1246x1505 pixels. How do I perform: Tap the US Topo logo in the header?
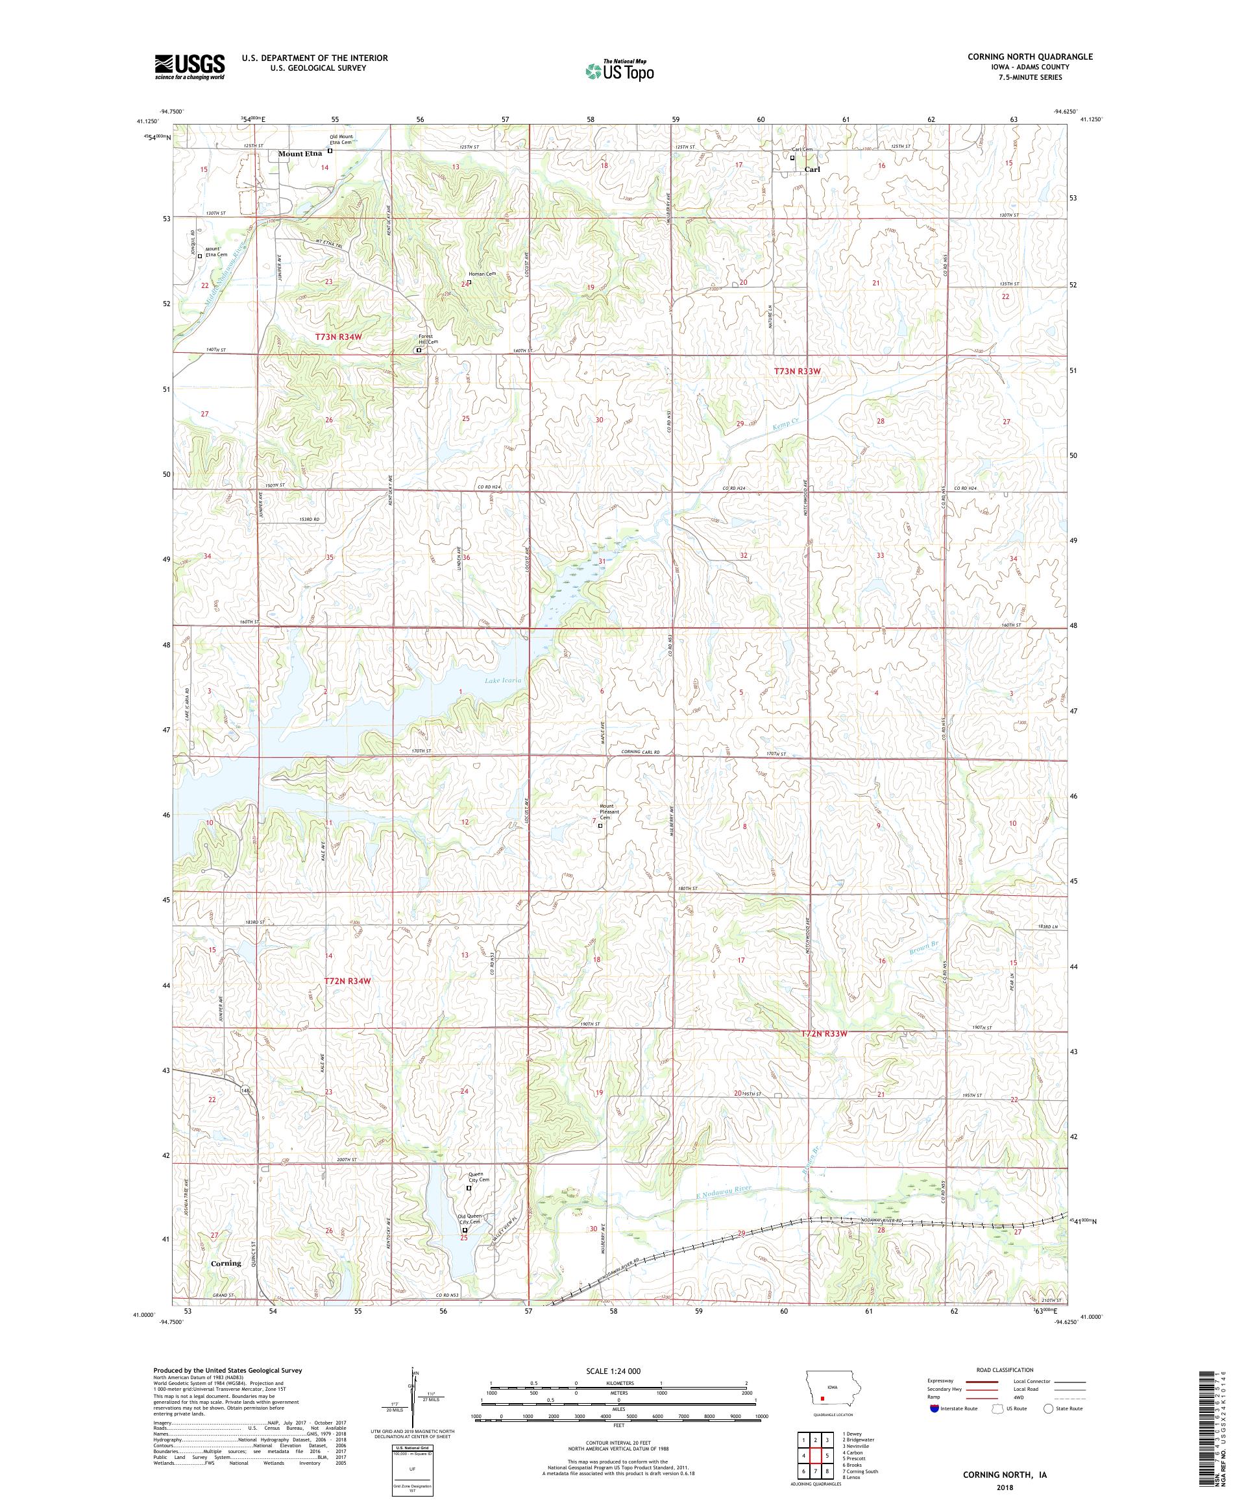pos(620,69)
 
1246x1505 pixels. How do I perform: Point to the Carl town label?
pos(812,170)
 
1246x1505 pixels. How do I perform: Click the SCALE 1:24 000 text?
pos(607,1390)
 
